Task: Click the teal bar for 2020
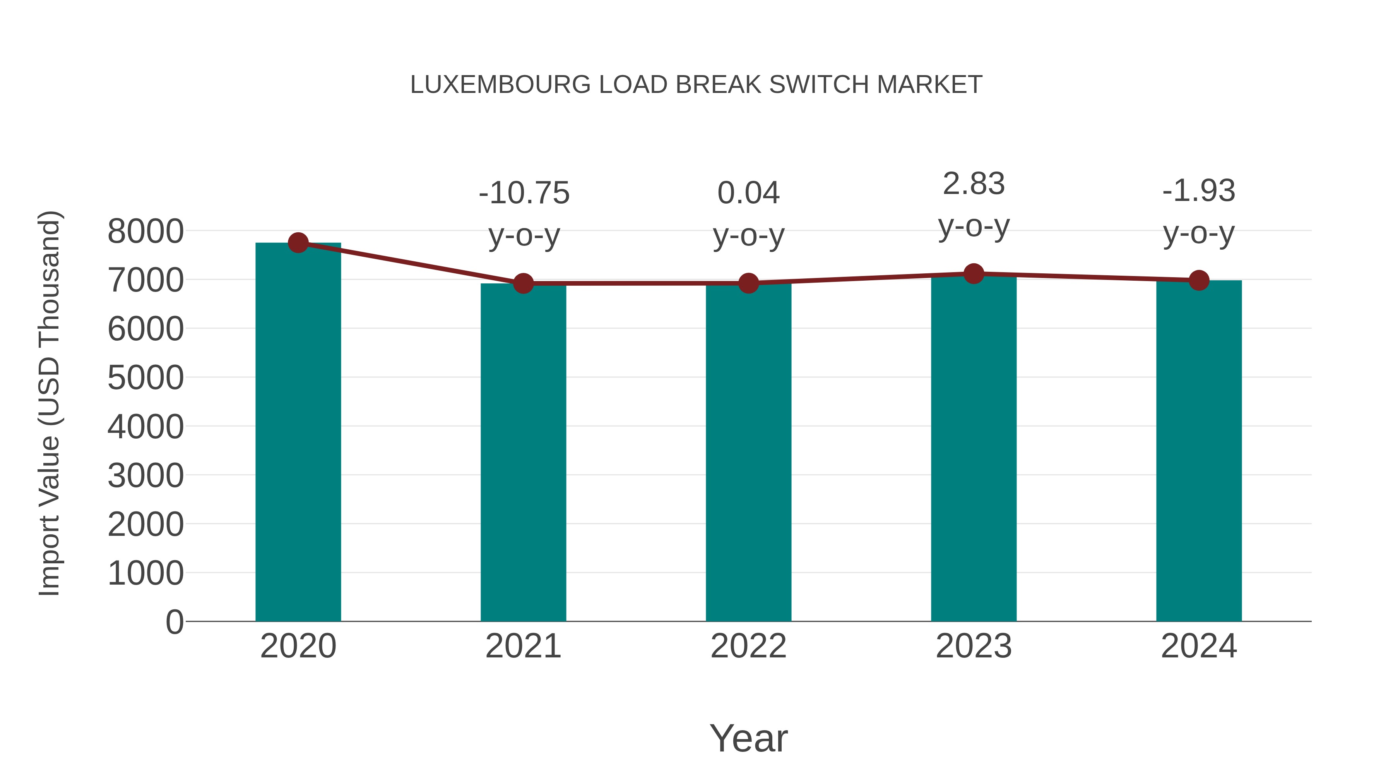tap(298, 433)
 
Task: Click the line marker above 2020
tap(298, 242)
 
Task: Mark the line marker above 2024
tap(1199, 280)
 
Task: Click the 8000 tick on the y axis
tap(145, 232)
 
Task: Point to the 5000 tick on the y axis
tap(145, 377)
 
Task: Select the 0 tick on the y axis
tap(175, 622)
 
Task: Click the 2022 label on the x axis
tap(748, 646)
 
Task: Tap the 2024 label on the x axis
tap(1199, 646)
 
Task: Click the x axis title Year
tap(748, 738)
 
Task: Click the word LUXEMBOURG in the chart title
tap(500, 85)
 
